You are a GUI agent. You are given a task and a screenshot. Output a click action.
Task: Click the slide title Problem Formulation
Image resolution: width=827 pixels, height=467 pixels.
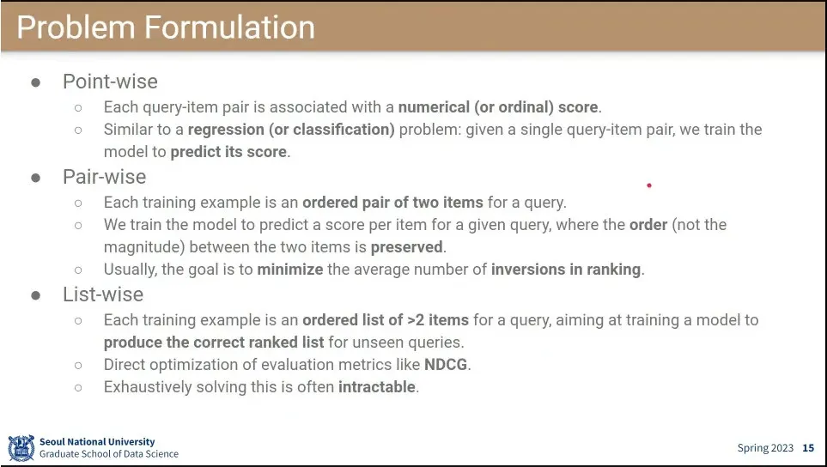point(166,27)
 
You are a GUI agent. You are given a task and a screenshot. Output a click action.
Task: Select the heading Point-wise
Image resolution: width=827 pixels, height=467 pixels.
point(110,82)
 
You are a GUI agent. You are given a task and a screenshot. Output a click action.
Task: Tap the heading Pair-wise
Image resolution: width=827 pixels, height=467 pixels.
point(105,177)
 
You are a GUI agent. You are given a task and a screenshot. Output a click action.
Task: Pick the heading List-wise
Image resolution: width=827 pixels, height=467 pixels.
point(103,294)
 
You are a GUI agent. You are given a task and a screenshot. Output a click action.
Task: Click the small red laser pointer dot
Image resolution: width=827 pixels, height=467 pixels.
point(648,185)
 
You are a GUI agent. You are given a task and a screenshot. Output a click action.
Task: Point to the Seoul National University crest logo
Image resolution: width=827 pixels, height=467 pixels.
point(21,448)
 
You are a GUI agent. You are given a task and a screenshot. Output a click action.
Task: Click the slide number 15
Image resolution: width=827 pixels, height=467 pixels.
point(808,448)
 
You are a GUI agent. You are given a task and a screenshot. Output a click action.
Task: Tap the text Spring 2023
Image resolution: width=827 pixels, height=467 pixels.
point(765,448)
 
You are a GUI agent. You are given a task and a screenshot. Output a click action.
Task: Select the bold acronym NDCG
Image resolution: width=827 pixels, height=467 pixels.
point(446,365)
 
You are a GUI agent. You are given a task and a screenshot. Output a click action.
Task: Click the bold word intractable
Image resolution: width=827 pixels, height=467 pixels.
point(377,387)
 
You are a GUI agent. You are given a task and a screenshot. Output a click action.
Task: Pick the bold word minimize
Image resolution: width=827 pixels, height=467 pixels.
point(290,270)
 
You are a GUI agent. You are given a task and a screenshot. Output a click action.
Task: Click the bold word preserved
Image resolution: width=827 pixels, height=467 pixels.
point(407,247)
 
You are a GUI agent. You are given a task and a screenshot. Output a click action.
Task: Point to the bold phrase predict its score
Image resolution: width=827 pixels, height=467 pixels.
point(228,152)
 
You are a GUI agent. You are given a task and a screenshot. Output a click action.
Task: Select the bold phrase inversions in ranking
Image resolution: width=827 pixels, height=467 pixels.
point(566,270)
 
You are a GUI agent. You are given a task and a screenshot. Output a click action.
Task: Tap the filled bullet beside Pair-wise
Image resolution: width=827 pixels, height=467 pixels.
point(36,178)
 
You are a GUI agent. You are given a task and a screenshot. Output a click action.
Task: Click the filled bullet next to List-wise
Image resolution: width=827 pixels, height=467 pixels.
point(36,295)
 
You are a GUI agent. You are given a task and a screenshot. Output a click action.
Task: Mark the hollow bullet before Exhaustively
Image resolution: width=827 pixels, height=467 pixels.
point(78,387)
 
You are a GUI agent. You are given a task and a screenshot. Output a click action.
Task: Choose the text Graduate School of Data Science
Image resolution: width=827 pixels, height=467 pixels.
point(109,454)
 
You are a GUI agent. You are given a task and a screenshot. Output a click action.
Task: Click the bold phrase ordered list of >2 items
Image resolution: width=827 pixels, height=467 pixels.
point(386,320)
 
